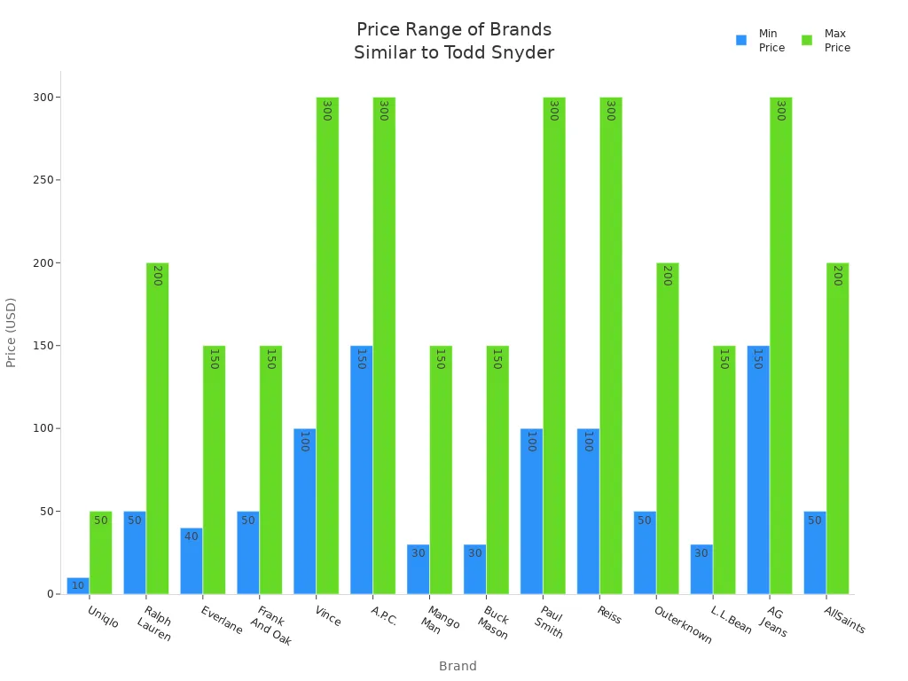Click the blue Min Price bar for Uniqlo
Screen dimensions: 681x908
coord(78,586)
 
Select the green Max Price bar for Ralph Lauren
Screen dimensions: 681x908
coord(157,428)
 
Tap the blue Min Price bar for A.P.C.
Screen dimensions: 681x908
coord(361,470)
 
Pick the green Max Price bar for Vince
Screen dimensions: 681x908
coord(327,346)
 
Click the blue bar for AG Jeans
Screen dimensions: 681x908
coord(758,470)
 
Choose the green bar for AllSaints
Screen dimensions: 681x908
coord(837,428)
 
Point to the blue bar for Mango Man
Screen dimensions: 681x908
coord(418,569)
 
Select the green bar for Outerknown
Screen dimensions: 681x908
coord(667,428)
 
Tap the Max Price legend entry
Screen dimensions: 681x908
coord(826,41)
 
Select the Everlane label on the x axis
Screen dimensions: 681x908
coord(221,620)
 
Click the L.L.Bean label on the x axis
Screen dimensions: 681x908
coord(732,620)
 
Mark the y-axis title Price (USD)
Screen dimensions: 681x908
coord(12,333)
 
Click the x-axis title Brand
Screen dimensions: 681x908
coord(458,666)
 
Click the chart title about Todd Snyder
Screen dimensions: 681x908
coord(454,42)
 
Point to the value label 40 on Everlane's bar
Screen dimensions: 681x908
coord(192,536)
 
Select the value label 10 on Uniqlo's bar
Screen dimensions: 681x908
coord(78,585)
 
